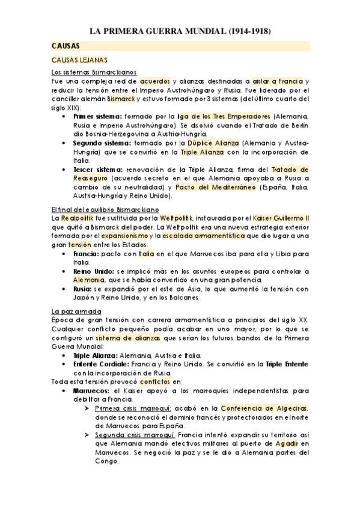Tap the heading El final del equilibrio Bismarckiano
coord(105,208)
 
